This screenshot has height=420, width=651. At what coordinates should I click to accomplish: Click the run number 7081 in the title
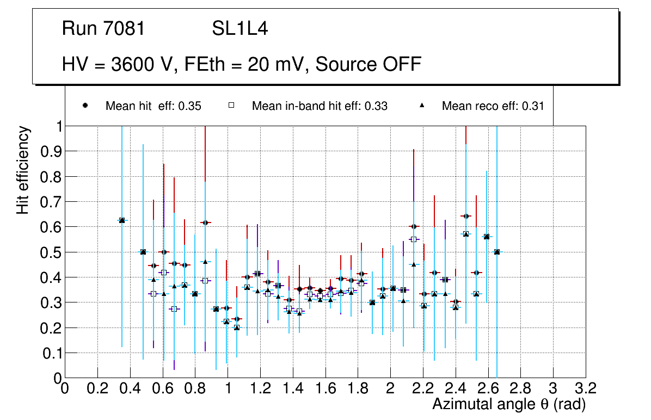tap(126, 29)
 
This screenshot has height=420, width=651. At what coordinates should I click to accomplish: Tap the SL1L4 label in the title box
tap(240, 29)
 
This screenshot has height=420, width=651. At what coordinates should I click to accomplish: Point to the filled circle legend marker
tap(85, 106)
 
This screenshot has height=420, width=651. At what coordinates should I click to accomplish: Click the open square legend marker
tap(231, 106)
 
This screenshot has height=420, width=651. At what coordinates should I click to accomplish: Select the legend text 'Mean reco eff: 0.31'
tap(493, 106)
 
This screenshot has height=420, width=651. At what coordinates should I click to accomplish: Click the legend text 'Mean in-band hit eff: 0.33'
tap(320, 106)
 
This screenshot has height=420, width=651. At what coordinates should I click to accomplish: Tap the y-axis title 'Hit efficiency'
tap(22, 170)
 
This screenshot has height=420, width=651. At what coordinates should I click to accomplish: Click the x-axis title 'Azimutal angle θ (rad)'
tap(509, 405)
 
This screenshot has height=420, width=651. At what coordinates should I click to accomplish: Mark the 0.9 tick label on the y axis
tap(51, 151)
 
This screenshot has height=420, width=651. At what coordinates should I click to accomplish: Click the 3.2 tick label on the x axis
tap(586, 388)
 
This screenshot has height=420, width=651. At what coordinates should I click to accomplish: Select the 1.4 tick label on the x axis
tap(293, 388)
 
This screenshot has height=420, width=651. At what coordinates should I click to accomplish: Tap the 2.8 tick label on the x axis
tap(521, 388)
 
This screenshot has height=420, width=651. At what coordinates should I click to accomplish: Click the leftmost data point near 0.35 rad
tap(122, 220)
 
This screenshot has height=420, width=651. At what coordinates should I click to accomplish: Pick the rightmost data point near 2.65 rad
tap(496, 252)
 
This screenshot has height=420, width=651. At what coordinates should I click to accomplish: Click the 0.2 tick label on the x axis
tap(97, 388)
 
